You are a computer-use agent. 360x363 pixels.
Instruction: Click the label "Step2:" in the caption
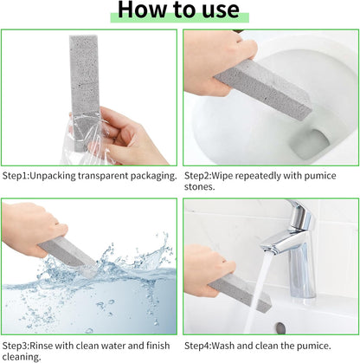200,175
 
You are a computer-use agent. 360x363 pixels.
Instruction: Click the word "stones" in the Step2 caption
202,187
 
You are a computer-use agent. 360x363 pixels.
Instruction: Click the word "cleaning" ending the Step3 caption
22,355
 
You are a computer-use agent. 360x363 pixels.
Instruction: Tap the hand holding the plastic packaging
130,134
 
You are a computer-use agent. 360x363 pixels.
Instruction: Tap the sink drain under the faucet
280,328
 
